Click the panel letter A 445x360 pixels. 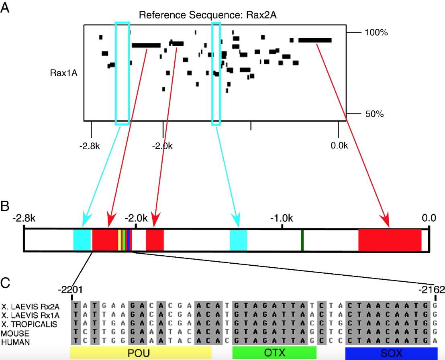click(6, 9)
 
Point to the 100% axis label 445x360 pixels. click(376, 33)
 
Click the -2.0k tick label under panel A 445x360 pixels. click(163, 145)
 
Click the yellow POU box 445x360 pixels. click(141, 352)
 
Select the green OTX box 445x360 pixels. click(274, 352)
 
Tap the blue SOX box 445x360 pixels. click(391, 352)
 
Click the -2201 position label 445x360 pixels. click(71, 289)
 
